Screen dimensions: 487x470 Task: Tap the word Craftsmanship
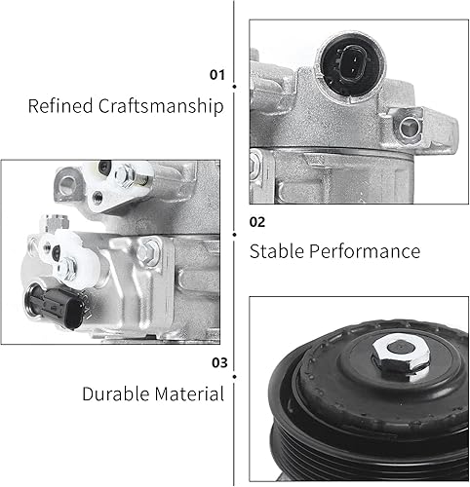click(x=161, y=105)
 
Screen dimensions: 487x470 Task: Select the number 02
click(x=257, y=221)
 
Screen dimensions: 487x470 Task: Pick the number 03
click(x=217, y=363)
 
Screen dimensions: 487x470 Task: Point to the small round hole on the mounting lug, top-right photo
click(x=402, y=125)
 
